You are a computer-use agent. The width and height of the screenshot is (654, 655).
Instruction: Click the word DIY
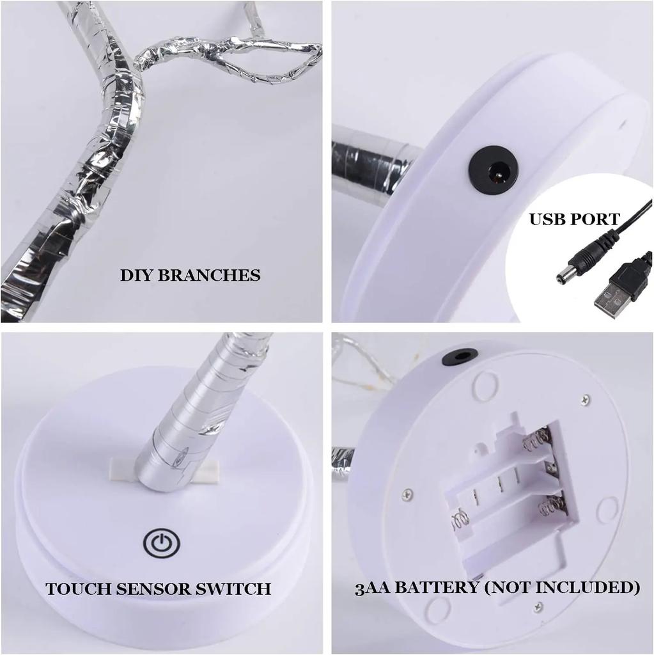click(x=136, y=276)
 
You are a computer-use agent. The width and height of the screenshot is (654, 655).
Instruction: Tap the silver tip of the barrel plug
click(x=564, y=276)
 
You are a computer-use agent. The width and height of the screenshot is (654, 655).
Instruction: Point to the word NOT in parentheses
click(x=510, y=587)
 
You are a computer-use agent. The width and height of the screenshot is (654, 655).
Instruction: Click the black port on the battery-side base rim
click(x=460, y=357)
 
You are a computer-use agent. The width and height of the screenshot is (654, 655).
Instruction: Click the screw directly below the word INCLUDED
click(x=538, y=606)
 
